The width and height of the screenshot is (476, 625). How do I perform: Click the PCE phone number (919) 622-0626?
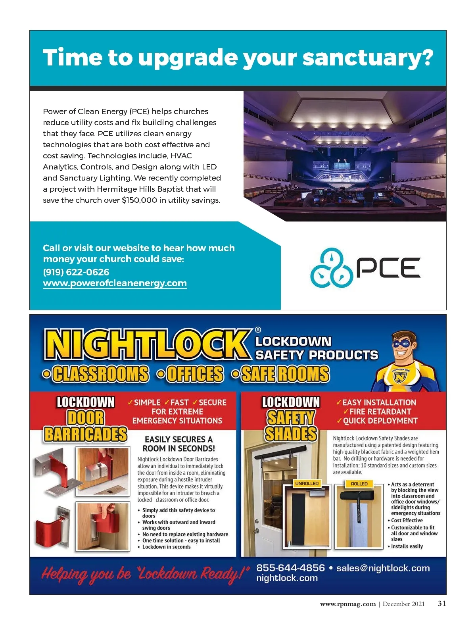(x=76, y=272)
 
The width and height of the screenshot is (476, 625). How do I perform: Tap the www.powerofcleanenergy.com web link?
(x=115, y=283)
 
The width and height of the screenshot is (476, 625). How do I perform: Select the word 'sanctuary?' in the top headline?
(x=367, y=58)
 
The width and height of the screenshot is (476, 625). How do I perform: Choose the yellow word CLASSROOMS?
(x=100, y=374)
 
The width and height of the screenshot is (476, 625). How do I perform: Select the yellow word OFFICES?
(x=195, y=374)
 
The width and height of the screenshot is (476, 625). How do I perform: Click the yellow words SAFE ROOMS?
(x=285, y=374)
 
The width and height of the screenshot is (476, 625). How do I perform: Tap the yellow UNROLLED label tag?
(x=307, y=483)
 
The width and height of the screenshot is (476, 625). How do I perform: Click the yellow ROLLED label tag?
(x=359, y=484)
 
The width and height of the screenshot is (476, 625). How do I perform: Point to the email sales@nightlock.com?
(x=383, y=568)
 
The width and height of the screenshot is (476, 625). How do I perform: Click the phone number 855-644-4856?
(x=290, y=568)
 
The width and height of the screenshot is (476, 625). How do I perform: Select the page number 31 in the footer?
(x=442, y=604)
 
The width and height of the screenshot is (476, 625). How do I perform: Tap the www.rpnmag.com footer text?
(x=347, y=604)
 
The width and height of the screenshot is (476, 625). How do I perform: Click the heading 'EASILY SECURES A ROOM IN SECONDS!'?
(x=178, y=444)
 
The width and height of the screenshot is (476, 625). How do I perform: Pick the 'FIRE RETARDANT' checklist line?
(x=380, y=412)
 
